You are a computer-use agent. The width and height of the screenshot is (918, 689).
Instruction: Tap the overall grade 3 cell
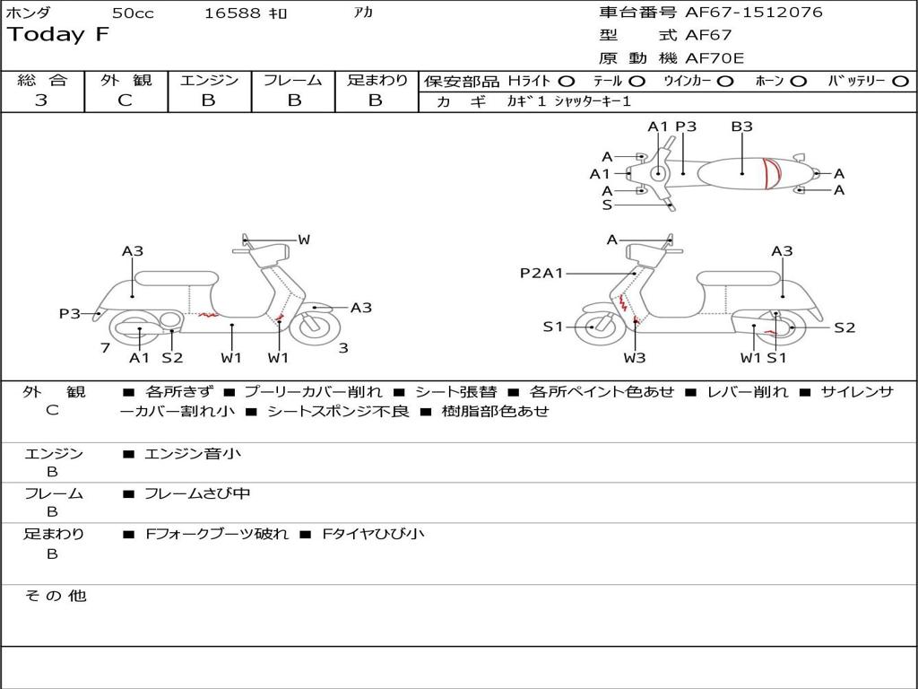(x=41, y=100)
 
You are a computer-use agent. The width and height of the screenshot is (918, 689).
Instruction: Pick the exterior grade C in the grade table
(x=126, y=100)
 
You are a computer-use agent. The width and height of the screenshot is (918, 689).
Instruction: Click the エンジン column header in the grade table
(x=209, y=80)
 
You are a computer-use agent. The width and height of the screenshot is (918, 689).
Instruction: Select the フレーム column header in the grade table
(x=293, y=80)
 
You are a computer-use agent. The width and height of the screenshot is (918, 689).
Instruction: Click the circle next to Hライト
(x=567, y=81)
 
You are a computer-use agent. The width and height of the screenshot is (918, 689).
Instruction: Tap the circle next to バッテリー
(x=901, y=81)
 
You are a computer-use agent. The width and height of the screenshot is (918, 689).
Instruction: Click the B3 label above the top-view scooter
(x=741, y=126)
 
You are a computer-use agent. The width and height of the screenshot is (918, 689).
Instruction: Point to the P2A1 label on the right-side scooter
(x=541, y=273)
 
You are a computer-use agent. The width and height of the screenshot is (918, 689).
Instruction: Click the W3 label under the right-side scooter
(x=635, y=358)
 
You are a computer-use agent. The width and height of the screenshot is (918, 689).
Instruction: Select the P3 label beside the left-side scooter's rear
(x=70, y=313)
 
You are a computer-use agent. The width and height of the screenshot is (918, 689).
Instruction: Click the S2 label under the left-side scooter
(x=172, y=358)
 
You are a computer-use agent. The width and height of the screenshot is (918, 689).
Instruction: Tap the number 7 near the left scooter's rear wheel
(x=105, y=347)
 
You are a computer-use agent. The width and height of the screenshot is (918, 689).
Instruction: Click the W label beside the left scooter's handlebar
(x=304, y=240)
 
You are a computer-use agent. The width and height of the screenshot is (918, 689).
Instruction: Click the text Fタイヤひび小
(x=374, y=534)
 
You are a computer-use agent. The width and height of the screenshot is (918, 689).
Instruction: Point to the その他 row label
(x=55, y=596)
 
